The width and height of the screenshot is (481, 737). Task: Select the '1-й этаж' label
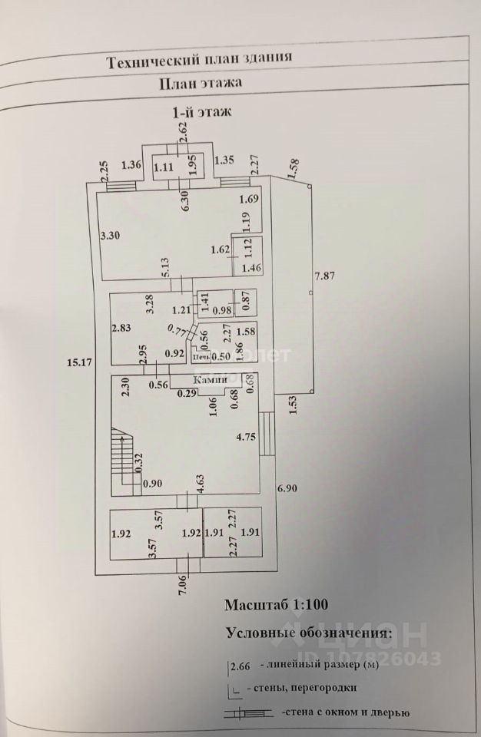coord(201,112)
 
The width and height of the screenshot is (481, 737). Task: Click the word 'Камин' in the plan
coord(210,379)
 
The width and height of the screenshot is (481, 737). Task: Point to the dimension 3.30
coord(111,237)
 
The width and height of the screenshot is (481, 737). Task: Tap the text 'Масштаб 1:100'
coord(276,604)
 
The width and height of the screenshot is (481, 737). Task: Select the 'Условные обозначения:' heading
coord(308,633)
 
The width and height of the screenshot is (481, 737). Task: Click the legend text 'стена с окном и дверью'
coord(346,713)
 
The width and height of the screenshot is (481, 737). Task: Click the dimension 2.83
coord(121,329)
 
